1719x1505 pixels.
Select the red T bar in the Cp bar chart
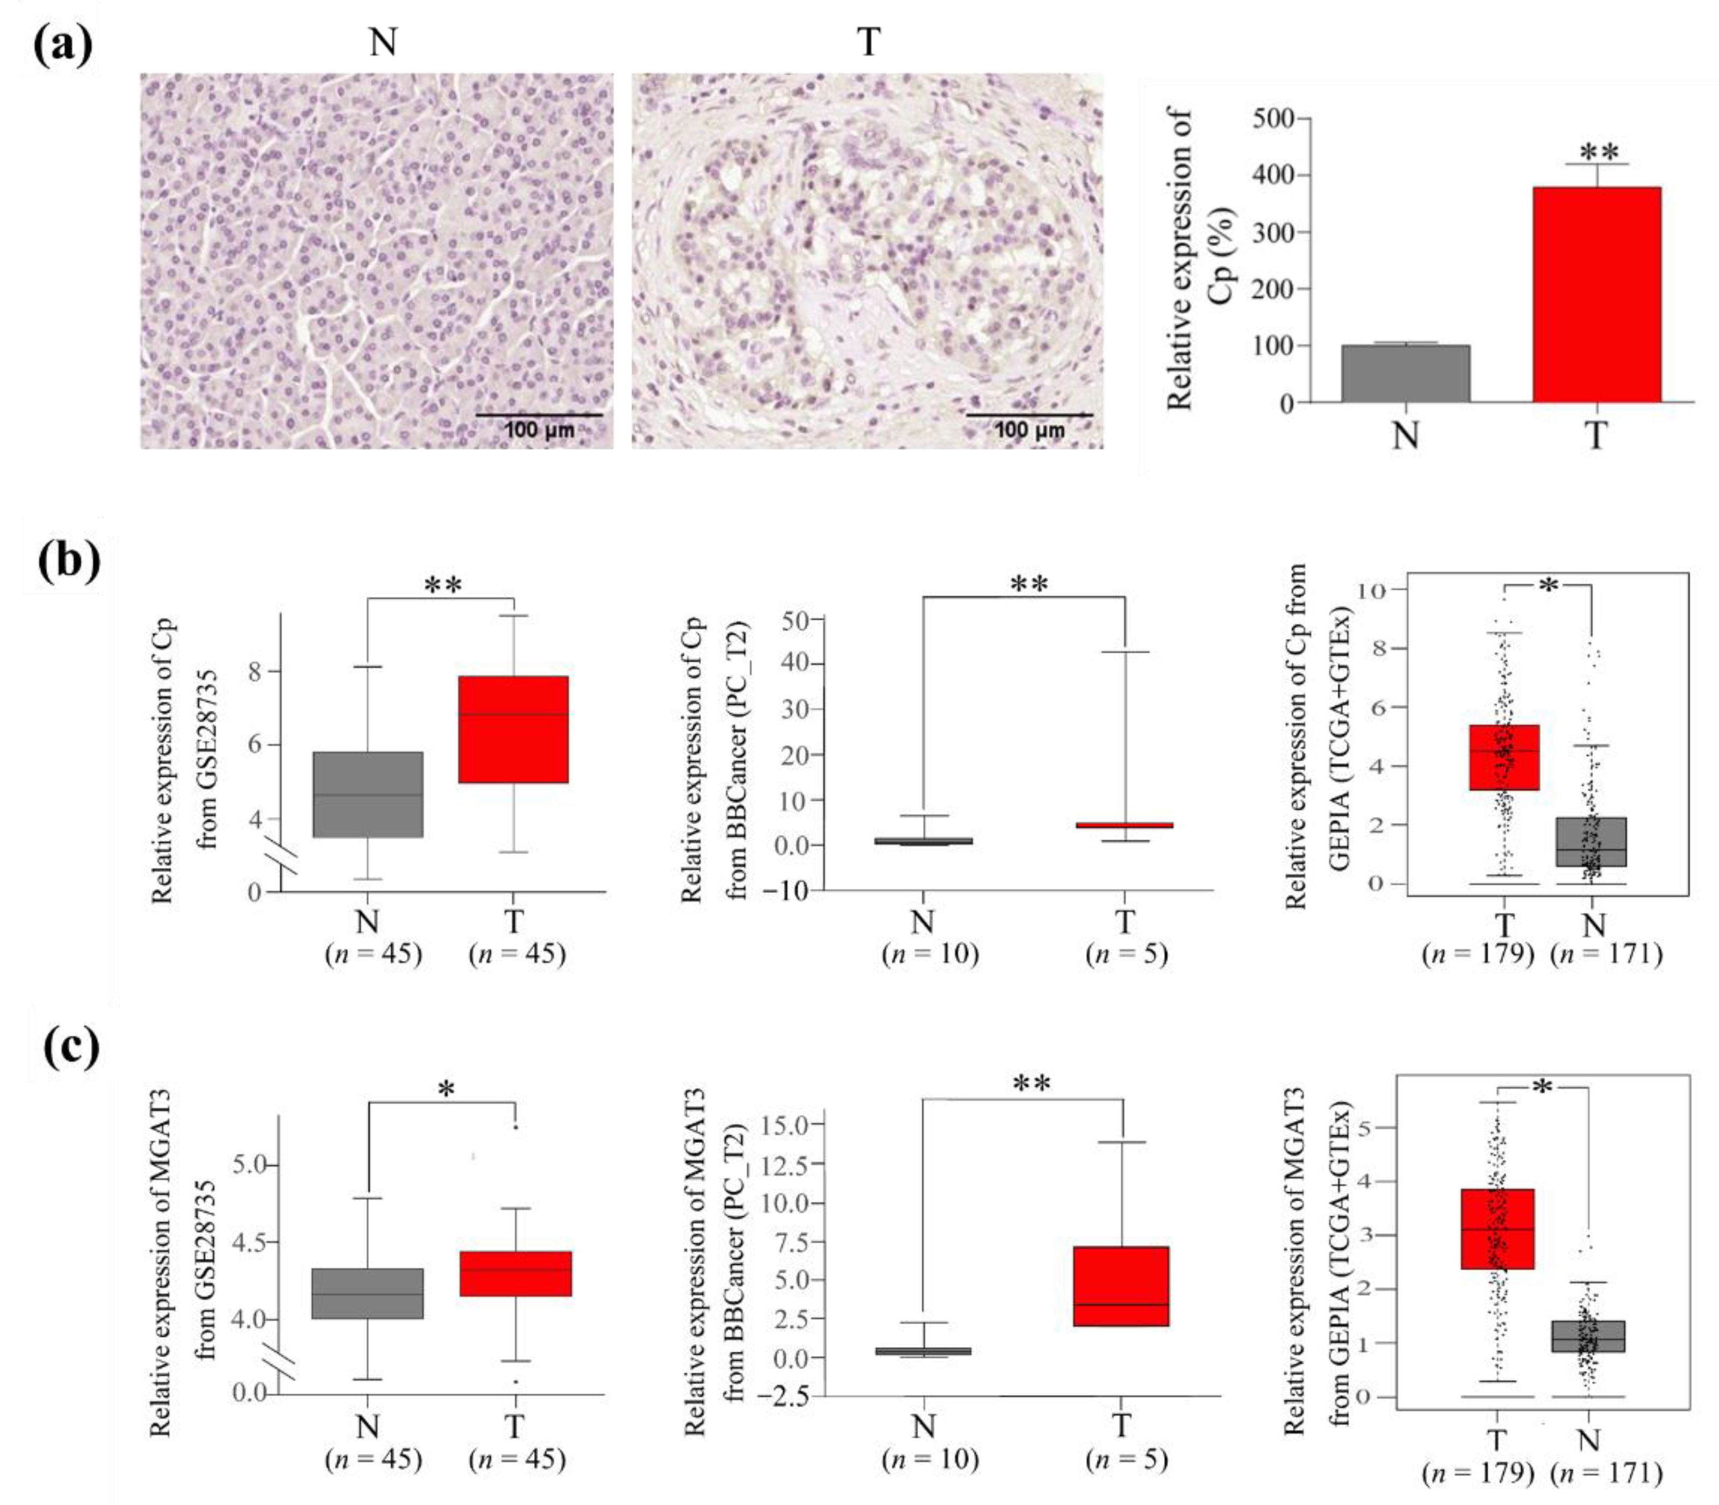[1596, 294]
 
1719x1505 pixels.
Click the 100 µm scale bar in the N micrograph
[539, 415]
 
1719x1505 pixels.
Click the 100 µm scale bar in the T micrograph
[1029, 415]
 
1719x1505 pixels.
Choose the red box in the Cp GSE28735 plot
[513, 729]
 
